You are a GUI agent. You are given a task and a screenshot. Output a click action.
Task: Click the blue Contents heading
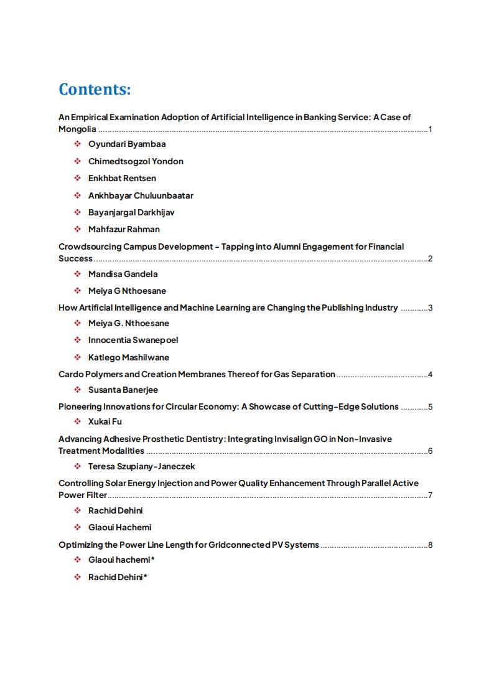point(95,90)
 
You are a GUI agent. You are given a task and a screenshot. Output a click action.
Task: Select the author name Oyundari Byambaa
point(127,144)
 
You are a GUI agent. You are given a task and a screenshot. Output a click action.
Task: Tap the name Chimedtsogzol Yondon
point(136,161)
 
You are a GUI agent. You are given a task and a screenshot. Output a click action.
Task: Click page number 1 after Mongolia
point(430,129)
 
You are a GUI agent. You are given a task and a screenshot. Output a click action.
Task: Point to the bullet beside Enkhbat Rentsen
point(77,179)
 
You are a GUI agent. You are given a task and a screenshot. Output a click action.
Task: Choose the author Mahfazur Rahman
point(124,229)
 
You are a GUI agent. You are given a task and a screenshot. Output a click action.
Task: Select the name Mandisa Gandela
point(123,274)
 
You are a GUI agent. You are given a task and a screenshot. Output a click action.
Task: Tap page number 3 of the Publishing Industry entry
point(430,307)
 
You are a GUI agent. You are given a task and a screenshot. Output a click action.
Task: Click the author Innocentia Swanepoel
point(133,340)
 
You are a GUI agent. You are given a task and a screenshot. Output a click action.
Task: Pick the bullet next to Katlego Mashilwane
point(77,358)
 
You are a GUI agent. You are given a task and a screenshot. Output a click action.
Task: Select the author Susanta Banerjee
point(123,390)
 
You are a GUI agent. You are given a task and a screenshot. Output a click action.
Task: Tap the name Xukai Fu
point(105,422)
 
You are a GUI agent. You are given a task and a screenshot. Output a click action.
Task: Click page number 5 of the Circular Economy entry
point(430,407)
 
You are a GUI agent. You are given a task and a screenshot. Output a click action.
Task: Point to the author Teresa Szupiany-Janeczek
point(142,466)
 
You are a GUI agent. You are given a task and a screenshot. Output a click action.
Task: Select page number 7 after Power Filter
point(430,495)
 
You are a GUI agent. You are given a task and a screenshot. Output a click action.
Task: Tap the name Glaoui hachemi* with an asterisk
point(121,560)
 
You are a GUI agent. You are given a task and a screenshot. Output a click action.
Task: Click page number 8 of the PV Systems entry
point(430,545)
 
